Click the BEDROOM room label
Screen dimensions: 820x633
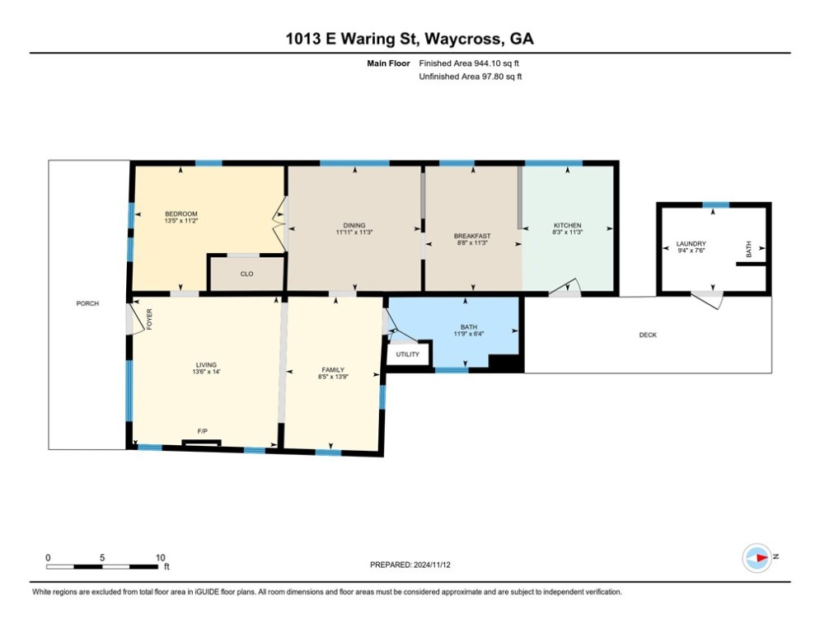pyautogui.click(x=181, y=213)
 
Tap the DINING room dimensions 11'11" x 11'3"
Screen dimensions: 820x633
pyautogui.click(x=354, y=232)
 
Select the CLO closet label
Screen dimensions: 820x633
pyautogui.click(x=247, y=274)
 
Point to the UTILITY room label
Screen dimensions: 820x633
pyautogui.click(x=407, y=354)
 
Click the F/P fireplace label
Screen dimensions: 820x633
pyautogui.click(x=203, y=431)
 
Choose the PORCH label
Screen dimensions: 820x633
pyautogui.click(x=87, y=303)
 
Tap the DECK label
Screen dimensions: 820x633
pyautogui.click(x=648, y=335)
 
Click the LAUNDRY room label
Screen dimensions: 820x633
pyautogui.click(x=691, y=243)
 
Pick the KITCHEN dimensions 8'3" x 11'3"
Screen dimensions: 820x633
pyautogui.click(x=568, y=232)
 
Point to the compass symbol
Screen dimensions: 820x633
pyautogui.click(x=757, y=558)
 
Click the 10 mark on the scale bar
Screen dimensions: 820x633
pyautogui.click(x=160, y=558)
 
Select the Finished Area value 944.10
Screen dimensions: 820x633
pyautogui.click(x=487, y=63)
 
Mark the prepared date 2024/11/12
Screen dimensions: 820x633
pyautogui.click(x=432, y=565)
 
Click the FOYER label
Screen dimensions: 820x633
pyautogui.click(x=149, y=319)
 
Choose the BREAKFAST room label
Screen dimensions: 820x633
pyautogui.click(x=472, y=236)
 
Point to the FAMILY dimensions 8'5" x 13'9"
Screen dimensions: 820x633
pyautogui.click(x=333, y=377)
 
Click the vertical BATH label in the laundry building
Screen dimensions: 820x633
pyautogui.click(x=748, y=249)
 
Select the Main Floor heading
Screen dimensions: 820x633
pyautogui.click(x=388, y=63)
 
